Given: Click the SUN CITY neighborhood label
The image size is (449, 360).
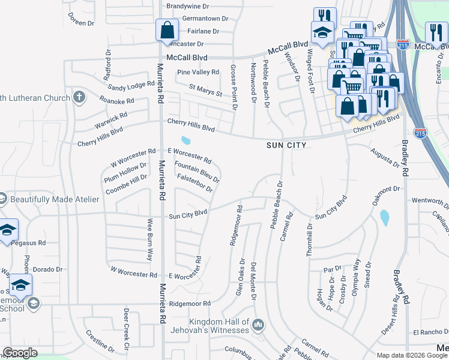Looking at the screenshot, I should [x=287, y=145].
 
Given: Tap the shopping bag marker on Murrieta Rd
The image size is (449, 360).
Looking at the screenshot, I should [x=166, y=29].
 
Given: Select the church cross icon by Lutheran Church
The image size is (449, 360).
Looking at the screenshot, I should [x=79, y=97].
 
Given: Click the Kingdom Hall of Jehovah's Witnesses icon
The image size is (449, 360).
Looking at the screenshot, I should [x=258, y=325].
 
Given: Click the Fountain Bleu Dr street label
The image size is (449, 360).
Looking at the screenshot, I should [x=196, y=171].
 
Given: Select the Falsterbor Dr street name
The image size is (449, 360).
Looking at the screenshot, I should [x=195, y=183].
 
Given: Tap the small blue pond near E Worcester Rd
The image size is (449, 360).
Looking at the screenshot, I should [x=186, y=141].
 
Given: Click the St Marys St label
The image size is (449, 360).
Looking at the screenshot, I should [x=205, y=91].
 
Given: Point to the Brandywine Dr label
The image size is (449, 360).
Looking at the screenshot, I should [x=187, y=6].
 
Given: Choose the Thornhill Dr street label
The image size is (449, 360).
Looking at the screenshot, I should [x=310, y=240].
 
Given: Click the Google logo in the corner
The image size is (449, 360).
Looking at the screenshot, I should [x=20, y=353].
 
